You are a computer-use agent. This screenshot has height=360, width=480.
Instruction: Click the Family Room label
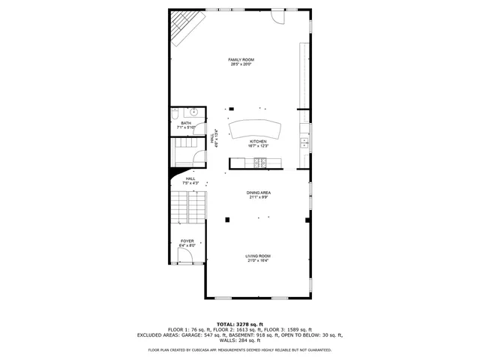click(x=241, y=59)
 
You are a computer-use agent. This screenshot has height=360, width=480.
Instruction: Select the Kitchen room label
click(x=258, y=142)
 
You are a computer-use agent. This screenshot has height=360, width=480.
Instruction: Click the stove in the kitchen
click(x=259, y=163)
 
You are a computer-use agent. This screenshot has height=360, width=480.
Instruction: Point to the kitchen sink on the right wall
click(x=304, y=142)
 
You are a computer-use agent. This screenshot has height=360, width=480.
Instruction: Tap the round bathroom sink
click(x=193, y=112)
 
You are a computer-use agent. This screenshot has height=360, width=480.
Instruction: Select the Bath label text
click(x=185, y=123)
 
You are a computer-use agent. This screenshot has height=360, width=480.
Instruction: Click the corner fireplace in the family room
click(x=182, y=28)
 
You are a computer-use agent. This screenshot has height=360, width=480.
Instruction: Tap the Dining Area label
click(x=259, y=193)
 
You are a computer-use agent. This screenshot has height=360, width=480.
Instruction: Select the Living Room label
click(x=258, y=256)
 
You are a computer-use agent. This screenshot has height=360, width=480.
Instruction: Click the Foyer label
click(x=187, y=241)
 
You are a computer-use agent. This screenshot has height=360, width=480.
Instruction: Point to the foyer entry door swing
click(x=188, y=257)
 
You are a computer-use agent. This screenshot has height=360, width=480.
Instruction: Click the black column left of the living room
click(x=228, y=220)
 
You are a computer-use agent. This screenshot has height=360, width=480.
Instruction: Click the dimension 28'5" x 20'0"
click(x=241, y=64)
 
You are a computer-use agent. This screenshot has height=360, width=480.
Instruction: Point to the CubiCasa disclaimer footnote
click(x=239, y=349)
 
